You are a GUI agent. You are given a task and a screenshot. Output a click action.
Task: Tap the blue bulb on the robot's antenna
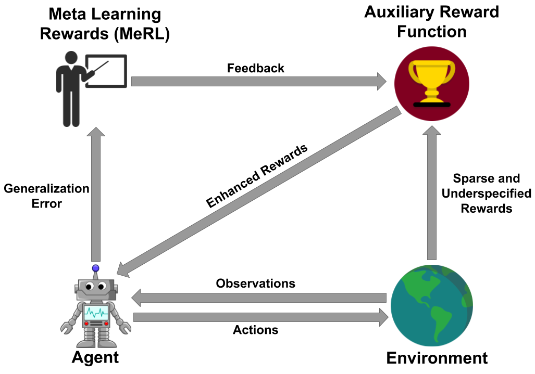(x=95, y=268)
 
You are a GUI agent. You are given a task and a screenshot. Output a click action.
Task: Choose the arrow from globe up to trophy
(x=432, y=192)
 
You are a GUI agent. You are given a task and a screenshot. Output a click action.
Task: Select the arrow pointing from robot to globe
(x=261, y=317)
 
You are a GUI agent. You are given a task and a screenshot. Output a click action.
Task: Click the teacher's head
(x=71, y=57)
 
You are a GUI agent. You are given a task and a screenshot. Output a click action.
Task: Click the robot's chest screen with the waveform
(x=96, y=313)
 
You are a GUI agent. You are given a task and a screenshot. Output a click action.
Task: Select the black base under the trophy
(x=432, y=105)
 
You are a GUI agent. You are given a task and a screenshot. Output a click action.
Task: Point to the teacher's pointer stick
(x=99, y=70)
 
